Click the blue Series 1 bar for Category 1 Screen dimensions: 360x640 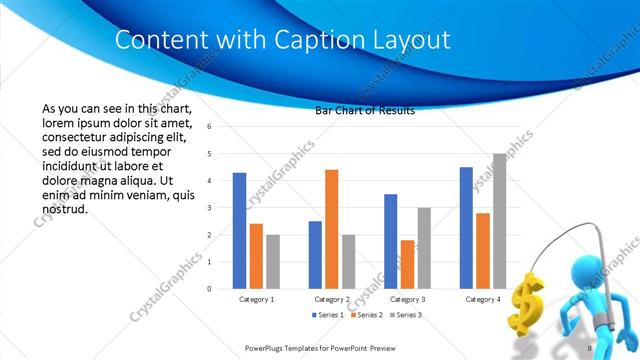[239, 231]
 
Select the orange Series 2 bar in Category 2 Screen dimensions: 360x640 [332, 229]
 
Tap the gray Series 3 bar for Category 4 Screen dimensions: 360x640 [499, 221]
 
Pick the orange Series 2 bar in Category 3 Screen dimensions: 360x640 [408, 264]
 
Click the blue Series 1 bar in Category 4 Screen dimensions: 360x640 [466, 228]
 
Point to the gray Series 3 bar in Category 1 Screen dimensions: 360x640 [273, 262]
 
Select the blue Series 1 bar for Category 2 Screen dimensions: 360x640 [315, 255]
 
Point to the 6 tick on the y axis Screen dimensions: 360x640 [210, 127]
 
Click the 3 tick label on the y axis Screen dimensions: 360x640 [210, 208]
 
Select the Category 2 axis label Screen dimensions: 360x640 [332, 299]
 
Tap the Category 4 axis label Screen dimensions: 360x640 [483, 299]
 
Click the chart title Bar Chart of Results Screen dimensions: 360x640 [365, 111]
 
